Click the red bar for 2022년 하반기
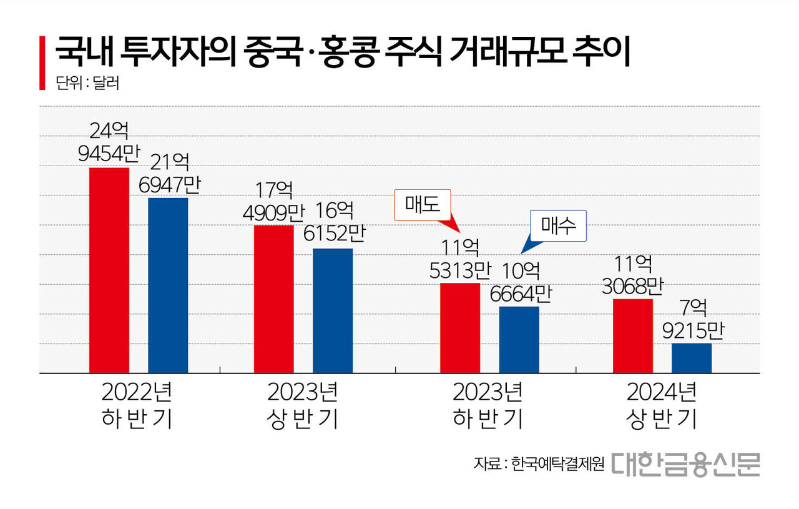point(109,270)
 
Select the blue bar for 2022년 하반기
point(168,285)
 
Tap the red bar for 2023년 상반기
point(273,299)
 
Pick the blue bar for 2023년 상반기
point(333,310)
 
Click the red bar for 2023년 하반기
point(460,328)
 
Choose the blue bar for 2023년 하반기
point(519,340)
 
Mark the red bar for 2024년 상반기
point(633,336)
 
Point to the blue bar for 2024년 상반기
point(692,358)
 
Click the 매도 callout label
point(423,206)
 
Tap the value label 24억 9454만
point(109,142)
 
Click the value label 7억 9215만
point(692,319)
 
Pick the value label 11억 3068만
point(633,275)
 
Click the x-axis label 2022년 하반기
point(137,405)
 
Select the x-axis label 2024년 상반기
point(661,405)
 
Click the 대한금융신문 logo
point(685,464)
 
